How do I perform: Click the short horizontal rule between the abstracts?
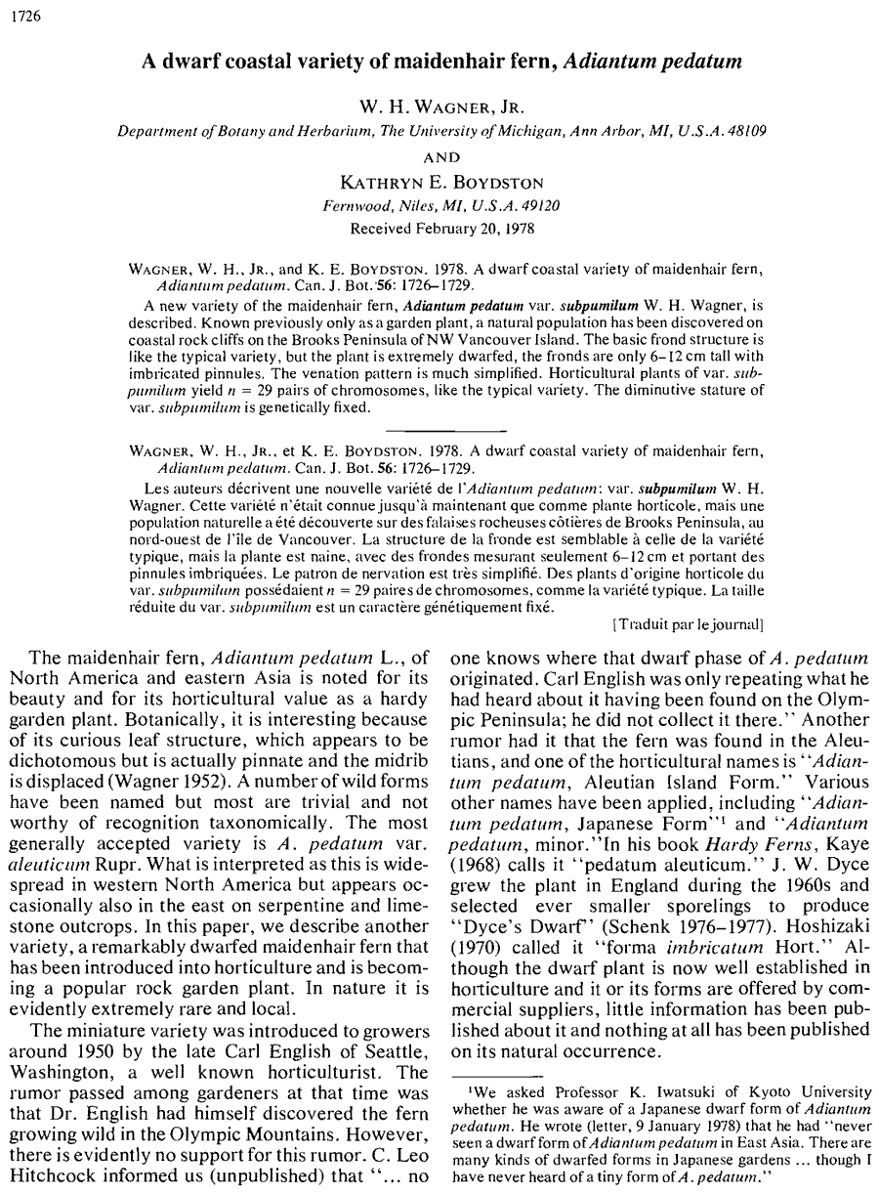point(445,429)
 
